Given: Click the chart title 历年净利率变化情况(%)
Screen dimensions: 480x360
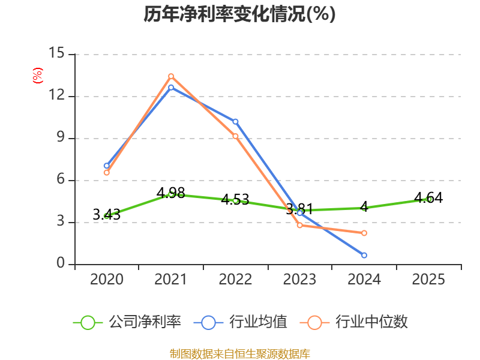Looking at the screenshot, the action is (239, 14).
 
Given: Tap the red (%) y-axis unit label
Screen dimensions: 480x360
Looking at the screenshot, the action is (38, 76).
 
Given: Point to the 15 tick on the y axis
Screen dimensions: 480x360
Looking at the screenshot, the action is (56, 53).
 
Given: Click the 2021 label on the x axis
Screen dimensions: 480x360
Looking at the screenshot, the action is (170, 279).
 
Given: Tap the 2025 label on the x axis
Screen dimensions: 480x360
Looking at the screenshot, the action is (428, 279).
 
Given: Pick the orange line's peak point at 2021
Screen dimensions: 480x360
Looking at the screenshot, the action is (171, 76).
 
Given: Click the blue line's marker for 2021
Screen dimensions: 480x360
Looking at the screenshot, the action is (171, 88).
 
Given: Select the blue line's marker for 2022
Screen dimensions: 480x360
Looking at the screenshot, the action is (235, 122).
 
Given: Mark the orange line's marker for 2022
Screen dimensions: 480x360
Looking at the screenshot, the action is (235, 136).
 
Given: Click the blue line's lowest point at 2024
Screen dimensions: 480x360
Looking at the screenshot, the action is (364, 256).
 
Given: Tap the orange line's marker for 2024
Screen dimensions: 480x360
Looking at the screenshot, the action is (364, 233).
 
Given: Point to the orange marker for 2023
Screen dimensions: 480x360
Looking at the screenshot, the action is (299, 226).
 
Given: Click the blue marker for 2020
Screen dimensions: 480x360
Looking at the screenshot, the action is (107, 166).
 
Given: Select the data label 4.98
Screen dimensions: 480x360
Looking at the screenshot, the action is (171, 193).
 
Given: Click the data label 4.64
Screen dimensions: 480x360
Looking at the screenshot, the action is (428, 198).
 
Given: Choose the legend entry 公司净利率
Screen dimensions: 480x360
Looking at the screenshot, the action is (127, 322).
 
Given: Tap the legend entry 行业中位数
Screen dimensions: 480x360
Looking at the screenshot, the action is (354, 322).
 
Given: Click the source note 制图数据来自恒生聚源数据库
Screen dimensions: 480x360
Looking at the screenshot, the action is (240, 353).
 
